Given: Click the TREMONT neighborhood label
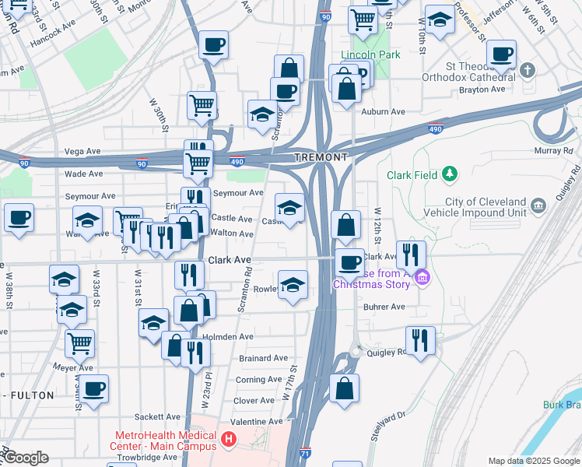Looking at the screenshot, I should click(x=321, y=157).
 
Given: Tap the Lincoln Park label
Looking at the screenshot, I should click(x=370, y=55).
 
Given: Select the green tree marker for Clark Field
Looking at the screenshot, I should click(x=450, y=174).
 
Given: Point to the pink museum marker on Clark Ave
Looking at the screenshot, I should click(x=422, y=277).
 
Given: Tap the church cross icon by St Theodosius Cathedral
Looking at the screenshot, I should click(x=528, y=72).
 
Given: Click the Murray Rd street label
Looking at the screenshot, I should click(x=554, y=149).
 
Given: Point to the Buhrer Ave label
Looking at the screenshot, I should click(x=384, y=307).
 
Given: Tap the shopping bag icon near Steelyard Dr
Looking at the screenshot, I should click(x=344, y=387).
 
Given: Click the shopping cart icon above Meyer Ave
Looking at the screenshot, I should click(x=79, y=342).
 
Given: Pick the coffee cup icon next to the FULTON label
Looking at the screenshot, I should click(x=94, y=388).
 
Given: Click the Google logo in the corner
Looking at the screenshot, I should click(x=25, y=458).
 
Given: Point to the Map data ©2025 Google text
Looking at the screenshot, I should click(x=533, y=461).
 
